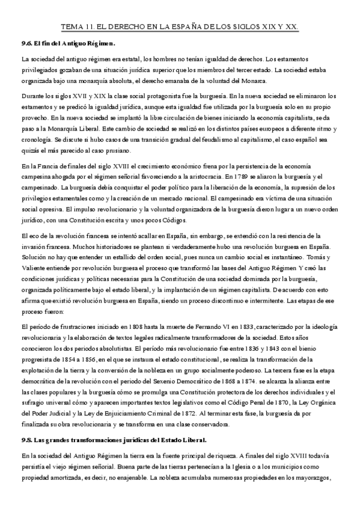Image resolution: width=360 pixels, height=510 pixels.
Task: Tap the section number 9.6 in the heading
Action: click(x=26, y=44)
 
